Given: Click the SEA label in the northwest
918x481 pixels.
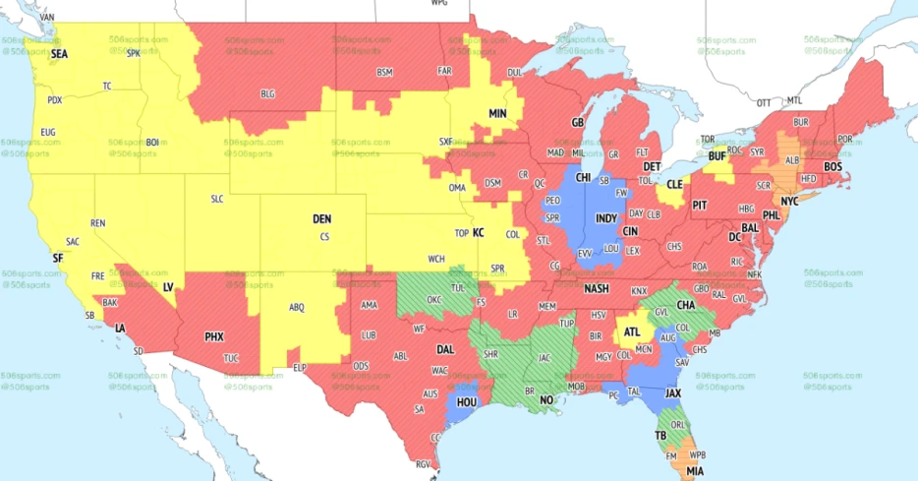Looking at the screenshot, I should [60, 53].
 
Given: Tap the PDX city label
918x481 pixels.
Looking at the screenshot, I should [55, 99].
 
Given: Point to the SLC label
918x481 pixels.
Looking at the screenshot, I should [218, 198].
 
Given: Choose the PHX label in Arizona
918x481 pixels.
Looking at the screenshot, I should [213, 336].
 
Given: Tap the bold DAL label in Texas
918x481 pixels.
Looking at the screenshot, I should [444, 348].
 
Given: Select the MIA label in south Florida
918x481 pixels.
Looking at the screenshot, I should [695, 471].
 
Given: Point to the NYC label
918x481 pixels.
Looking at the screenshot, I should [789, 200].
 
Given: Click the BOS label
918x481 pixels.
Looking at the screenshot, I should [833, 167].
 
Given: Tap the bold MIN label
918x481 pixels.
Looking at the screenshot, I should [497, 114].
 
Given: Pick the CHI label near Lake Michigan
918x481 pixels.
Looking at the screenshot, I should [583, 178].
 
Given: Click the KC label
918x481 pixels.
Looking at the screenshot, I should [479, 233].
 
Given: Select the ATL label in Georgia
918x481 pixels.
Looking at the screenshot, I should [631, 331].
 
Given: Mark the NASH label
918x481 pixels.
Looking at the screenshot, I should [596, 288].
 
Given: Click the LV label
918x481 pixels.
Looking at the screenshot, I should [167, 286].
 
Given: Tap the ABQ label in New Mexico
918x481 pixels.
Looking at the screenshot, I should [296, 307].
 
